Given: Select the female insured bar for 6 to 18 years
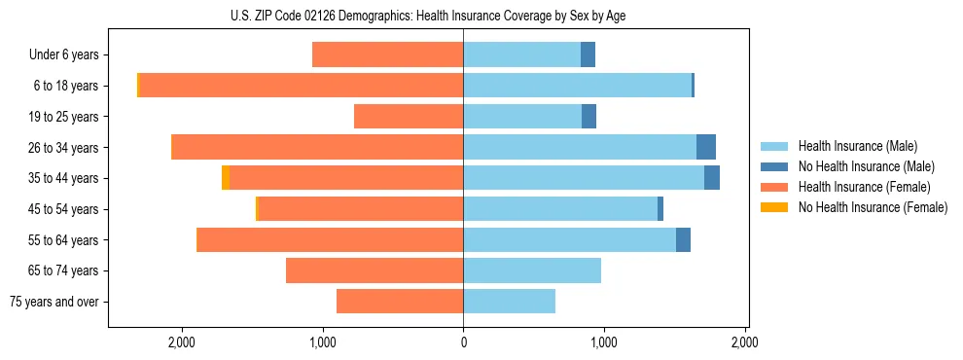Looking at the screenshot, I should point(302,86).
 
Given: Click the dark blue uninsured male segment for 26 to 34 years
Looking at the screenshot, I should point(706,147).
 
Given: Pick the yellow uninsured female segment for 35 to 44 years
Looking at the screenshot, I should point(226,178).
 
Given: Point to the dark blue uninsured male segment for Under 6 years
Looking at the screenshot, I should point(588,54).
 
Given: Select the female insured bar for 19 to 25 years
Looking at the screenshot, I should point(409,117).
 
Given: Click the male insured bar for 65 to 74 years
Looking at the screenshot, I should point(532,270).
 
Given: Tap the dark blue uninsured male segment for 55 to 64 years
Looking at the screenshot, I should point(683,239).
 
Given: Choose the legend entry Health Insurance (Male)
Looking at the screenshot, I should point(857,146).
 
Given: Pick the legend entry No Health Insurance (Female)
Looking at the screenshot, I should point(873,207).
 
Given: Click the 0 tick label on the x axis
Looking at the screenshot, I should point(463,342).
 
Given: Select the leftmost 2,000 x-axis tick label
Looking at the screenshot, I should point(182,342).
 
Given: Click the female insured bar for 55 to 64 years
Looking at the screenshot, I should point(331,239).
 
